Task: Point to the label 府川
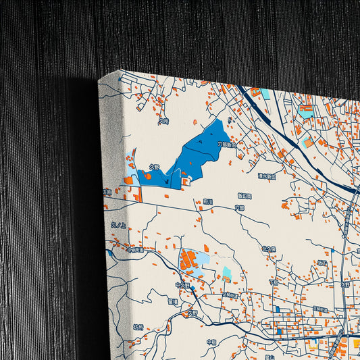click(208, 201)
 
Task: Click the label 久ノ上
click(118, 225)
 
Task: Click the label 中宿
click(211, 342)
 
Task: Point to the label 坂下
click(322, 262)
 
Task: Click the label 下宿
click(273, 282)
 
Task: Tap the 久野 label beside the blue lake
click(154, 167)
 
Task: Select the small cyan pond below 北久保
click(227, 273)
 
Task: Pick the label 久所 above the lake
click(163, 122)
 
